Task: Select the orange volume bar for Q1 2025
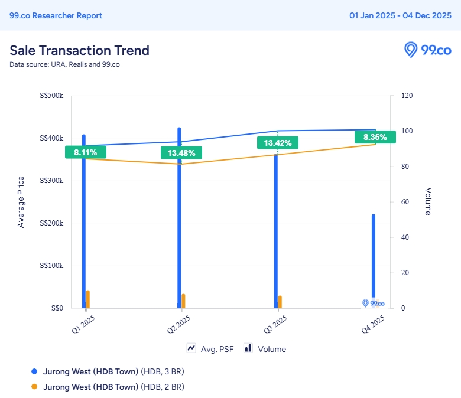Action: coord(88,299)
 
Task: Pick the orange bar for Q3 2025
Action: coord(280,301)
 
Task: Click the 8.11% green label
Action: coord(86,152)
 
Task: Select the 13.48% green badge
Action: coord(181,153)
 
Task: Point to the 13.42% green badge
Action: coord(278,143)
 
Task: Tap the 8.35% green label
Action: coord(375,138)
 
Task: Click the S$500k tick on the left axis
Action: coord(52,96)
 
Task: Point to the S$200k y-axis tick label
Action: coord(52,223)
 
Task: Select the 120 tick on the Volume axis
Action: coord(407,96)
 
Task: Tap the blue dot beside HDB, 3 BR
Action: coord(34,371)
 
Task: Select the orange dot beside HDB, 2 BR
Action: coord(34,387)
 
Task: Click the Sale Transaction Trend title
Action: coord(79,50)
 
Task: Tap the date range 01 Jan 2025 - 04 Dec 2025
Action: coord(400,16)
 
